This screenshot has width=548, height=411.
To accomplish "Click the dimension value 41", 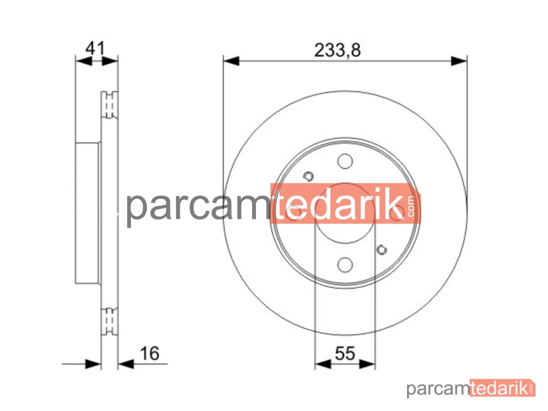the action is (95, 48).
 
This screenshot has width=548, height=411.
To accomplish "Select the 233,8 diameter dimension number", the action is (337, 50).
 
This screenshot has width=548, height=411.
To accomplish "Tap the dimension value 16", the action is (150, 353).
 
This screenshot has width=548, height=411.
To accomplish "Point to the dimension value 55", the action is (345, 353).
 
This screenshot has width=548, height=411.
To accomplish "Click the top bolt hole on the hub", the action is (345, 161).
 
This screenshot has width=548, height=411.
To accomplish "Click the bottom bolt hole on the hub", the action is (345, 265).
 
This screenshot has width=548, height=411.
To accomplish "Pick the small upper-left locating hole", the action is (308, 176).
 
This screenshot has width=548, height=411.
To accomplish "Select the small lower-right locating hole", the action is (381, 249).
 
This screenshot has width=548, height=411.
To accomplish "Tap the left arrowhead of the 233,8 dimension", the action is (231, 61).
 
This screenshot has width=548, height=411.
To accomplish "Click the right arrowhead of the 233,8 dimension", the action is (459, 61).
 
